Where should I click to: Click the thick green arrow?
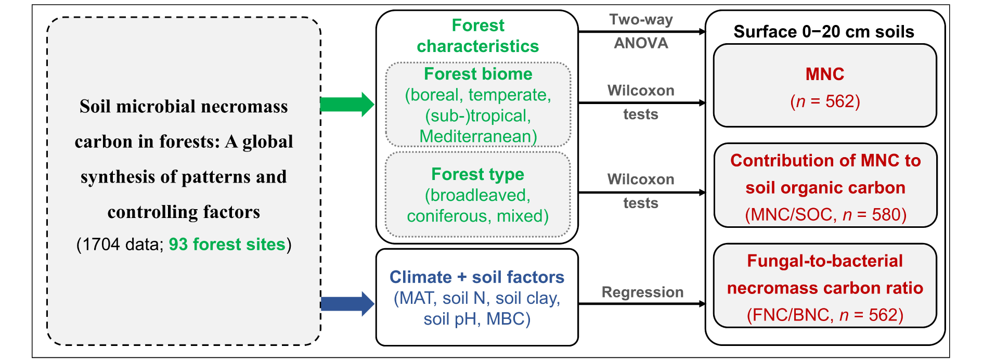347,104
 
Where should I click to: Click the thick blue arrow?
347,304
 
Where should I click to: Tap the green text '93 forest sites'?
227,245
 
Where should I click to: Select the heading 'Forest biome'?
478,74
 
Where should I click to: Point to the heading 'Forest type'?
478,174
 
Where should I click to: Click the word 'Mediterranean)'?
478,136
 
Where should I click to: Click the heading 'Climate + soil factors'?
477,277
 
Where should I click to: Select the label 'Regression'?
642,292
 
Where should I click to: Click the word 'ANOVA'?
641,43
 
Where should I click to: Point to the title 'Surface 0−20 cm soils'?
824,32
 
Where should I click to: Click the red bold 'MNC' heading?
825,74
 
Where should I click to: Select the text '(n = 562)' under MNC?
825,101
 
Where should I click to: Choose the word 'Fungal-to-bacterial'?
825,261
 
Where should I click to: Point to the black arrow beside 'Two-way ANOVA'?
642,32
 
